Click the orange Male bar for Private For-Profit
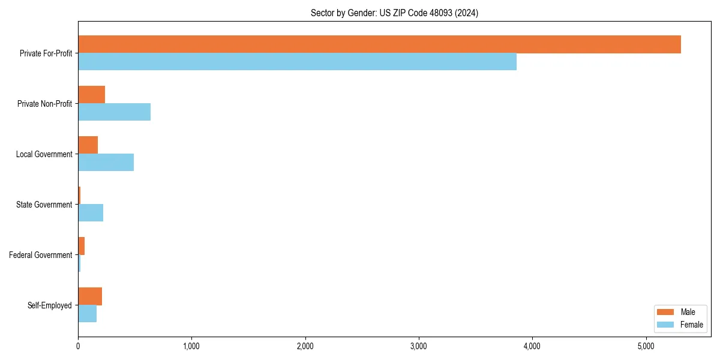pos(379,44)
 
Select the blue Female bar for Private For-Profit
pos(297,62)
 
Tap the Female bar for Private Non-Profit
pos(114,112)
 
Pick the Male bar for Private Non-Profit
pos(91,95)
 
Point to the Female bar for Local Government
pos(106,163)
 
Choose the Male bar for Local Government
pos(88,145)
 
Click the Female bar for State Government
pos(91,213)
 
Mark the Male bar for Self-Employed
pos(90,296)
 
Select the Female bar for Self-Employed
pos(87,314)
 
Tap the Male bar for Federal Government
pos(81,246)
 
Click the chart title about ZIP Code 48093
pos(394,13)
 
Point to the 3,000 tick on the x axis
pos(419,346)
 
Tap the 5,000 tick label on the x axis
pos(646,346)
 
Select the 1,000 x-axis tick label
pos(191,346)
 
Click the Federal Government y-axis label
pos(40,255)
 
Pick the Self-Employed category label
pos(49,305)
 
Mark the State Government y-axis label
pos(44,205)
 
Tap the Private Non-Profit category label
pos(44,104)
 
